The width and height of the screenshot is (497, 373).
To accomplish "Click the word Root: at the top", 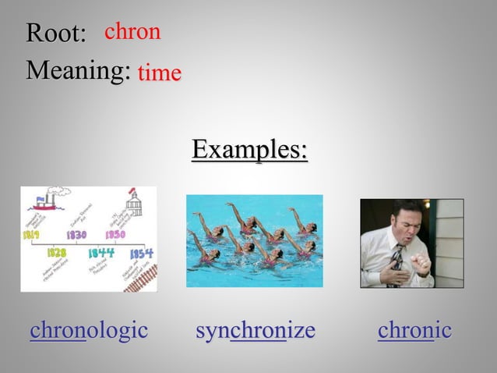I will pos(55,34).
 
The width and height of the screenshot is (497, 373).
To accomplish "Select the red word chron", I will pos(132,31).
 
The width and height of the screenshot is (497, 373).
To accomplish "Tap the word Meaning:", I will pos(78,71).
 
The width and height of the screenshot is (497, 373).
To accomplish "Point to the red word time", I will pos(160,73).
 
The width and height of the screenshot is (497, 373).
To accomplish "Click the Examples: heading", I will pos(249,148).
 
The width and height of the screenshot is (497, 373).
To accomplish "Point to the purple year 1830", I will pos(76,233).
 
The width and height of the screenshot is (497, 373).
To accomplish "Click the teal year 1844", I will pos(100,254).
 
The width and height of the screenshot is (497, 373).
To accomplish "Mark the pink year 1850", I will pos(115,233).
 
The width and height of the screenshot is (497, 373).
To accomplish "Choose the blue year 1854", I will pos(141,254).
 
